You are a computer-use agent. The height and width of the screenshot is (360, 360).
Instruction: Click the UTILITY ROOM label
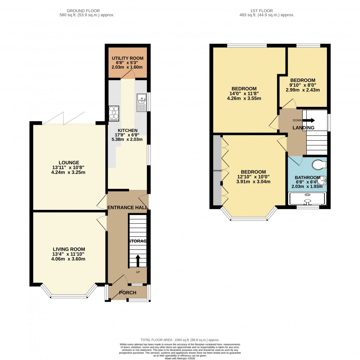(x=127, y=58)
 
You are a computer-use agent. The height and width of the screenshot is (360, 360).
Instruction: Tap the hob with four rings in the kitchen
(x=114, y=113)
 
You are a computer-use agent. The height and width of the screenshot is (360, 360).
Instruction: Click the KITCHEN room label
(x=127, y=130)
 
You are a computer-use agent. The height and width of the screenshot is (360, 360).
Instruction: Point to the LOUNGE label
(x=69, y=163)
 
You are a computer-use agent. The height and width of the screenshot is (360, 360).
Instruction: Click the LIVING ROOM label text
(x=69, y=249)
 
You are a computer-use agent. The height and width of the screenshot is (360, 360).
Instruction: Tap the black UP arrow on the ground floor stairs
(x=138, y=261)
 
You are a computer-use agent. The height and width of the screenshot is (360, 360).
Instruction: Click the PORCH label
(x=127, y=292)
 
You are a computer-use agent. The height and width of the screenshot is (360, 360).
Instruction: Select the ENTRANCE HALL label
(x=127, y=208)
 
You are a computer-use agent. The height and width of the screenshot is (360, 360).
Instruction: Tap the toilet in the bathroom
(x=318, y=165)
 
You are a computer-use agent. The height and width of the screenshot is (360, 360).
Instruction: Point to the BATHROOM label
(x=307, y=178)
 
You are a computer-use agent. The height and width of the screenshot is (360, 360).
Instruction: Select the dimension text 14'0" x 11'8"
(x=244, y=94)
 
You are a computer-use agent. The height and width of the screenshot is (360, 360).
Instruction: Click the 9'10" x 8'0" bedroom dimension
(x=303, y=86)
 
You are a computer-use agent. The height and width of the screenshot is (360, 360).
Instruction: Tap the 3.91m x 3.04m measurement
(x=253, y=182)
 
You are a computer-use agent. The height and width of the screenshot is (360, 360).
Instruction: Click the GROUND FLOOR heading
(x=87, y=11)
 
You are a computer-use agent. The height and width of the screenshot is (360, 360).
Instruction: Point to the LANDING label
(x=303, y=128)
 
